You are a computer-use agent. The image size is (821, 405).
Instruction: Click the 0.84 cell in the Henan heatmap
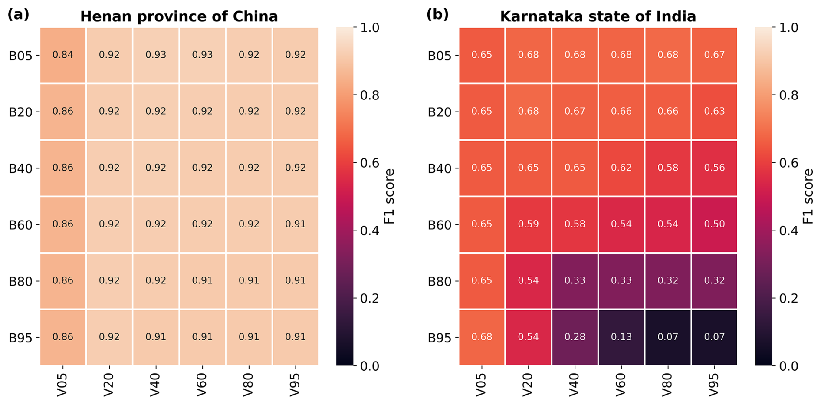click(x=63, y=55)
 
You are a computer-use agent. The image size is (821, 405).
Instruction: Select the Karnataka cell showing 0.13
click(x=621, y=337)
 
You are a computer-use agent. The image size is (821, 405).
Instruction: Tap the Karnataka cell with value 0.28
click(x=575, y=337)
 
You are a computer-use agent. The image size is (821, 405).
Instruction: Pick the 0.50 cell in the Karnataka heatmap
click(x=714, y=224)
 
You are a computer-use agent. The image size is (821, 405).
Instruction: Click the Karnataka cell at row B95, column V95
click(x=714, y=337)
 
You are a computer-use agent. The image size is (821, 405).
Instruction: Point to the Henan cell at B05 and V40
click(x=156, y=55)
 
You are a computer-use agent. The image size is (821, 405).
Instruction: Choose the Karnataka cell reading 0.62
click(x=621, y=168)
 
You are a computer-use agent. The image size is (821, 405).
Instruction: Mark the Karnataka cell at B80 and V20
click(x=528, y=281)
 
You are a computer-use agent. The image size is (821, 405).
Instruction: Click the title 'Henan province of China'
click(x=179, y=16)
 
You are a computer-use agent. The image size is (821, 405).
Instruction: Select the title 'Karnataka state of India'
click(x=598, y=16)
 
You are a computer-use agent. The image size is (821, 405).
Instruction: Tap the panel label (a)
click(x=18, y=14)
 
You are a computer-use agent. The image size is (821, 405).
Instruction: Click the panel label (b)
click(x=437, y=14)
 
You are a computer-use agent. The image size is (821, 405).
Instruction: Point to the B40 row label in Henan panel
click(x=20, y=168)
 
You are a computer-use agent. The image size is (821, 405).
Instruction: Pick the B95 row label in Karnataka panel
click(x=440, y=338)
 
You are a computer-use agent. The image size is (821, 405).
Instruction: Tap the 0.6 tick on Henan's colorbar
click(x=370, y=163)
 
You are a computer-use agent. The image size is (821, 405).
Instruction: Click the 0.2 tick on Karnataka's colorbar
click(x=789, y=298)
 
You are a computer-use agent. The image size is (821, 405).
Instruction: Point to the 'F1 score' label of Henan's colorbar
click(x=390, y=196)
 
